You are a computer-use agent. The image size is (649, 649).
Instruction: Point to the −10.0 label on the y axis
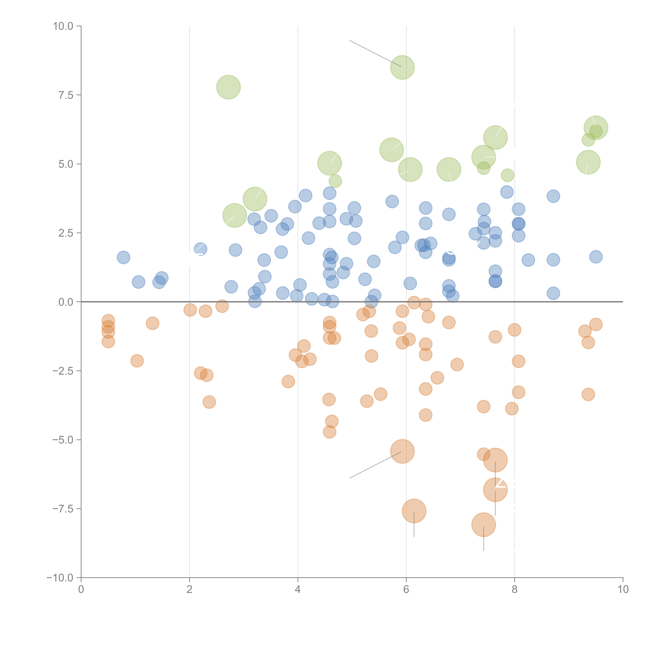pos(60,578)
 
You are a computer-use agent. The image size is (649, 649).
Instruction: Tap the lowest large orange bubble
pos(483,525)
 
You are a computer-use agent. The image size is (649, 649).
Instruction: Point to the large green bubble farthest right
pos(596,128)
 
